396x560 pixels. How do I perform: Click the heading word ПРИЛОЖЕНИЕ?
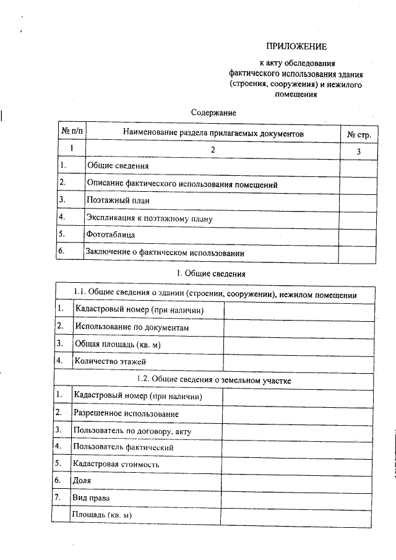tap(296, 46)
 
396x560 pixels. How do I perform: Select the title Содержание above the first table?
tap(213, 113)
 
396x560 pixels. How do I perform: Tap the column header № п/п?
tap(71, 132)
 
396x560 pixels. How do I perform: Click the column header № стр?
tap(358, 133)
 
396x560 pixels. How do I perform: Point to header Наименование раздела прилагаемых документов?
tap(213, 132)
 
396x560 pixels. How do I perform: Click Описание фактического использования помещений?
tap(182, 184)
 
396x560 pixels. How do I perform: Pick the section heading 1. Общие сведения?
tap(212, 273)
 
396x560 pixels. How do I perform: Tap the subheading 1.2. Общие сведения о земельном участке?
tap(213, 379)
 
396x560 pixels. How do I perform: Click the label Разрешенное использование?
tap(126, 413)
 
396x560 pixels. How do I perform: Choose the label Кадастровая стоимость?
tap(116, 463)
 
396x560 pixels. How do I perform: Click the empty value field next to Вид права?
tap(298, 497)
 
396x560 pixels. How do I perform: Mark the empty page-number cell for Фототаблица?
tap(358, 235)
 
